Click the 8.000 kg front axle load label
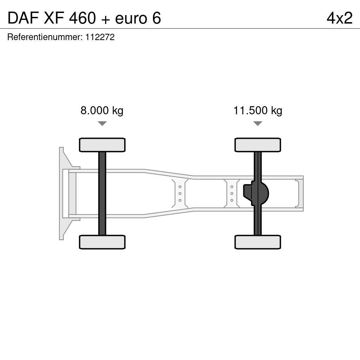102,111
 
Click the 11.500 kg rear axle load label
258,111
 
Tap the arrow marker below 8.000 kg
102,123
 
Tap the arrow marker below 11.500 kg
258,123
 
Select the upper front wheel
102,145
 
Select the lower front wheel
102,242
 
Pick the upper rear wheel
258,145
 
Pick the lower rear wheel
258,242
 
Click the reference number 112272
100,37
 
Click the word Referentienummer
45,37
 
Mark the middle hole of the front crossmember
180,193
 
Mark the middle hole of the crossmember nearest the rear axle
232,193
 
